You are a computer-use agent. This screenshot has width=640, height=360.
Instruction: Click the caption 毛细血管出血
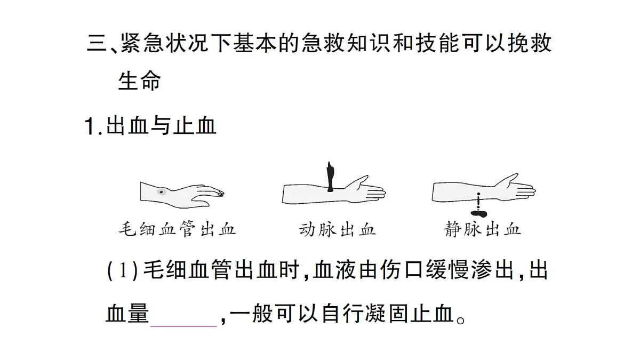177,229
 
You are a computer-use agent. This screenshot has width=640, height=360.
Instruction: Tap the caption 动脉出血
337,229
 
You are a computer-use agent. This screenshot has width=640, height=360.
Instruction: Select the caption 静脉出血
482,229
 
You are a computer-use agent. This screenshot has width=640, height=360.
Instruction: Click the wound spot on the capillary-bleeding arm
162,192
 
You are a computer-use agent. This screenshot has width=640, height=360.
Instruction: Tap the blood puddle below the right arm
479,213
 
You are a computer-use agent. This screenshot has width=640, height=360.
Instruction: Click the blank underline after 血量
183,326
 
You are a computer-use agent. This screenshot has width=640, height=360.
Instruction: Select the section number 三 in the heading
97,43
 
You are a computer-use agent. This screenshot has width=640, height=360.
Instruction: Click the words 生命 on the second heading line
139,81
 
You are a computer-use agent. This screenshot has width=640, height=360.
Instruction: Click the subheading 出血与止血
161,126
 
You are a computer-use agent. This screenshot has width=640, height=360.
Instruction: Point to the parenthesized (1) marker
123,270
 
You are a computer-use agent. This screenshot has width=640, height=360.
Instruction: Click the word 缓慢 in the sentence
447,270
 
